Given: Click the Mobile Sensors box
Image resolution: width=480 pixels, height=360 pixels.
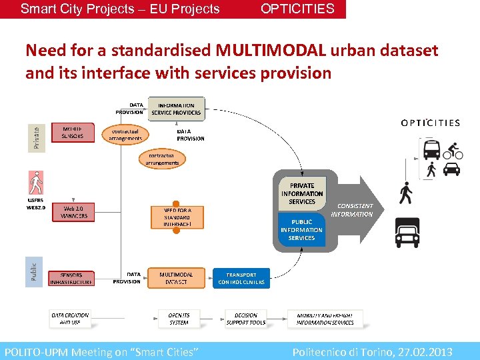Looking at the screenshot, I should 73,132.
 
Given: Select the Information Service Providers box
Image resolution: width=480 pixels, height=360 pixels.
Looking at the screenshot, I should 177,109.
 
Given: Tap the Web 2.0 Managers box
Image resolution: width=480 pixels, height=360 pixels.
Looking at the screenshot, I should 73,212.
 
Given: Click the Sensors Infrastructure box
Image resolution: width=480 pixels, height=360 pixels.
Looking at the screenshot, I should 72,278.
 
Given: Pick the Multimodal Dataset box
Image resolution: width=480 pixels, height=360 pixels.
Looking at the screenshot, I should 177,278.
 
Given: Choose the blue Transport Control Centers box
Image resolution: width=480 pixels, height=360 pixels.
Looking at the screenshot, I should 241,278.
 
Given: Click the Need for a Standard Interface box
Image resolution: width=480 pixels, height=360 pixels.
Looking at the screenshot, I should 177,217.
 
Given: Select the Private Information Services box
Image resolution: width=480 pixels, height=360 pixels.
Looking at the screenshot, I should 301,193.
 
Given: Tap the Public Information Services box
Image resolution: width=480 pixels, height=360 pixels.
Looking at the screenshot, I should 301,230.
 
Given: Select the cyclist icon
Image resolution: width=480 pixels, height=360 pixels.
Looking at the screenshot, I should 453,150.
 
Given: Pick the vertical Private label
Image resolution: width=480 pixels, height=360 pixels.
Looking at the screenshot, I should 36,137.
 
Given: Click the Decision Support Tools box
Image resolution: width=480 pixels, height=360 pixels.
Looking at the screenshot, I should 245,319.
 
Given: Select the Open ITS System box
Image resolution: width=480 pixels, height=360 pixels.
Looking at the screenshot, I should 179,319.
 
